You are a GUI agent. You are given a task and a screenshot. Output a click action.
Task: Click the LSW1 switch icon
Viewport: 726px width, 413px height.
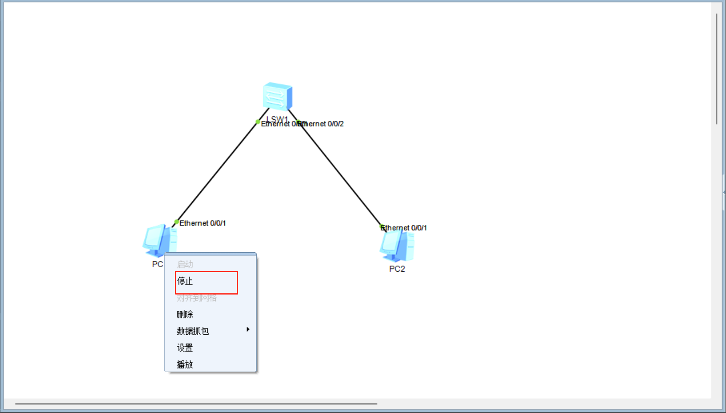(x=277, y=96)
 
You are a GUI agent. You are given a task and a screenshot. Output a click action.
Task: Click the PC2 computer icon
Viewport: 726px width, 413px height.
(x=397, y=246)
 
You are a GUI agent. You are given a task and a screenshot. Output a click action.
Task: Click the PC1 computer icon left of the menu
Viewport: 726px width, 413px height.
(x=159, y=241)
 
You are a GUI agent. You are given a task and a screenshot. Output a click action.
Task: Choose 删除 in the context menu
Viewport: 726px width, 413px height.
(x=185, y=315)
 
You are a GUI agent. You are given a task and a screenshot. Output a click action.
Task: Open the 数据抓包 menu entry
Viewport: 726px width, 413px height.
(x=193, y=331)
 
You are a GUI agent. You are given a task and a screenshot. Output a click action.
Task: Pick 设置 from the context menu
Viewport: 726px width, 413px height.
(x=185, y=348)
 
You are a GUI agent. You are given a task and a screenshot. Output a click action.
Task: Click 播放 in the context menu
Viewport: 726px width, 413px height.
(x=185, y=365)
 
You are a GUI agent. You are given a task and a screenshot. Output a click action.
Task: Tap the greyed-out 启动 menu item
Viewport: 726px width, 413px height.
(x=185, y=265)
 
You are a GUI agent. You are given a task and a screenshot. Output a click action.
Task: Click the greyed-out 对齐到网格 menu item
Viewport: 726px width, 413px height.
(x=197, y=298)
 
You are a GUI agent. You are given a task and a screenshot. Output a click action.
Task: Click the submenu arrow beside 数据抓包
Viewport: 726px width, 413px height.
(x=248, y=329)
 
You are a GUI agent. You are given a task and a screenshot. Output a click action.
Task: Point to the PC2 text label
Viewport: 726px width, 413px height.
(x=397, y=269)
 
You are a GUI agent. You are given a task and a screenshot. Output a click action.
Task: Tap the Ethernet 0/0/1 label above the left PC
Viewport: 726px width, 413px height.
(x=203, y=223)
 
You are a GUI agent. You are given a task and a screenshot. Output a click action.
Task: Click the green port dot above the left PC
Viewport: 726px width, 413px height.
(x=177, y=222)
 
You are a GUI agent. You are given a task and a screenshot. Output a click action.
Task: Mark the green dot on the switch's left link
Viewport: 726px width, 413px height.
(x=258, y=122)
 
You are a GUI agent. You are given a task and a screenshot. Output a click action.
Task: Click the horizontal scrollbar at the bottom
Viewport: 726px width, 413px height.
(x=196, y=404)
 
